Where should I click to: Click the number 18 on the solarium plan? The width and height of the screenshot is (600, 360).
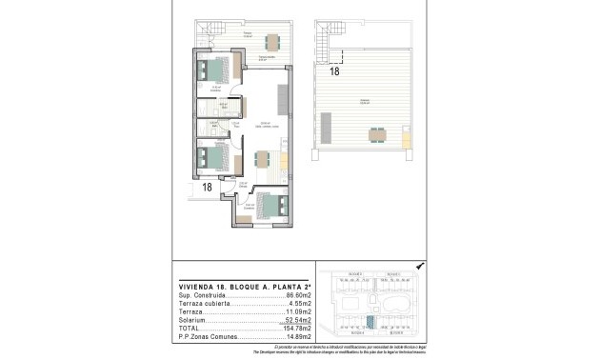click(334, 70)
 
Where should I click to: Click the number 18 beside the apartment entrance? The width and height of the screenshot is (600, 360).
click(206, 188)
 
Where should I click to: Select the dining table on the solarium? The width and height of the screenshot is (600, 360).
click(379, 133)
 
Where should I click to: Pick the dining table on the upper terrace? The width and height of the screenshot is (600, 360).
click(273, 41)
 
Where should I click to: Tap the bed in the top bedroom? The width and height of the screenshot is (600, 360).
click(216, 70)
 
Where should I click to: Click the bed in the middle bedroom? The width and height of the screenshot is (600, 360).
click(213, 155)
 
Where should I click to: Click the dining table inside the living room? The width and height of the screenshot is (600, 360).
click(262, 160)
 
